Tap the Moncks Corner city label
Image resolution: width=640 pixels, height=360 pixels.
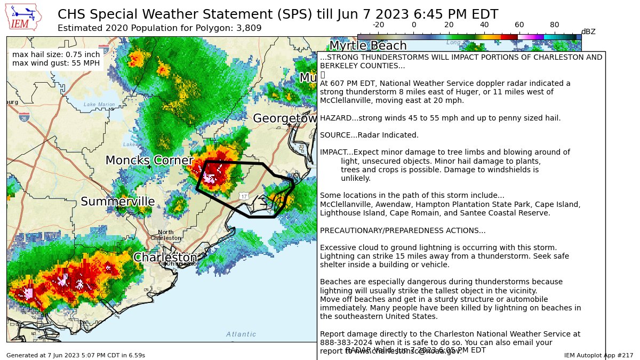click(149, 161)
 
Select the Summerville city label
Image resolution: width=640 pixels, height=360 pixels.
click(118, 202)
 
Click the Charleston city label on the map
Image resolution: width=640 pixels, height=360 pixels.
click(165, 258)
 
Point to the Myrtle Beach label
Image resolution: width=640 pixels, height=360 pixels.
click(367, 46)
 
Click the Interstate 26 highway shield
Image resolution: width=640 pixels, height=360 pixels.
click(24, 117)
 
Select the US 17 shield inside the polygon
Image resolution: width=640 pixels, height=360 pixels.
click(244, 196)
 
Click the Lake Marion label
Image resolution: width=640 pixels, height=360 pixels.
click(99, 105)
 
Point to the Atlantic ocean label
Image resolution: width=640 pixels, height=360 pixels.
click(241, 334)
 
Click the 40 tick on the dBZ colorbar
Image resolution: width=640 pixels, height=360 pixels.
click(484, 25)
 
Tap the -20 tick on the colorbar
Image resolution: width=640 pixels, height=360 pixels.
click(378, 25)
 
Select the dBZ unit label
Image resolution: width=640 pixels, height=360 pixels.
click(588, 31)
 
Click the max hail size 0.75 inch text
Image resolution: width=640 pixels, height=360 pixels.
click(55, 54)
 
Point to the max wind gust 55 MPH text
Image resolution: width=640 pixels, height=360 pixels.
click(55, 63)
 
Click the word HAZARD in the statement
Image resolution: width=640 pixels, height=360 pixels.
click(334, 118)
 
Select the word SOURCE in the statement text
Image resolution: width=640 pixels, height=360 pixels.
click(334, 135)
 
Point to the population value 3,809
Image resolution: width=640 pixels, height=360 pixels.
click(248, 28)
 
